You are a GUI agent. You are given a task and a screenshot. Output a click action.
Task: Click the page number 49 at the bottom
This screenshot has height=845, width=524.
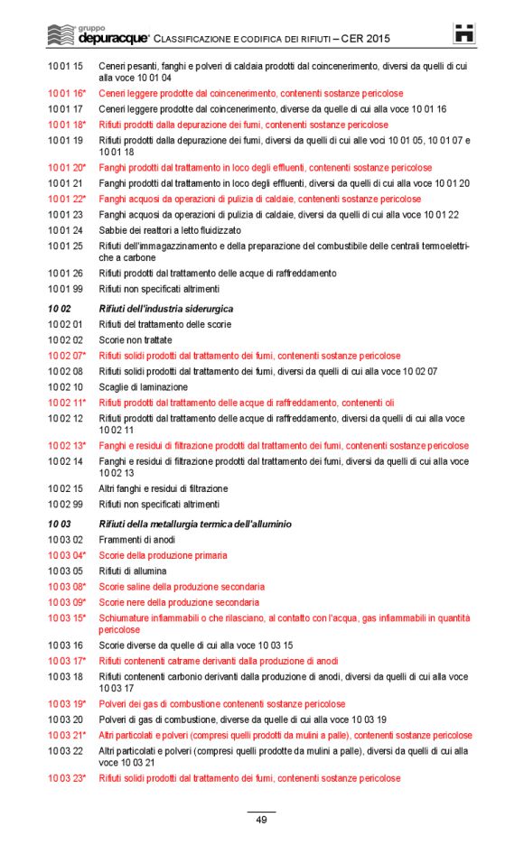tap(261, 820)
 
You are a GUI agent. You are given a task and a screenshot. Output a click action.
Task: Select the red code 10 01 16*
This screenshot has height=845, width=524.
tap(67, 94)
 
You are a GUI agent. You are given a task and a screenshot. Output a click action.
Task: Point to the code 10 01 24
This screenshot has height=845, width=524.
tap(65, 230)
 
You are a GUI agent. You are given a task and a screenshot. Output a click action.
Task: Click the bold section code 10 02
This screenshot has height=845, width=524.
tap(60, 310)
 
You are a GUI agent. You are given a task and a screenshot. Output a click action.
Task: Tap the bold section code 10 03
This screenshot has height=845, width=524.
tap(60, 525)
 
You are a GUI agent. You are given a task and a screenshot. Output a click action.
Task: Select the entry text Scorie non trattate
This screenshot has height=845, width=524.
tap(135, 340)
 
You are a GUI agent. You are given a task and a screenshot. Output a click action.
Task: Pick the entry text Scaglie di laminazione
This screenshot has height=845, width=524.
tap(141, 387)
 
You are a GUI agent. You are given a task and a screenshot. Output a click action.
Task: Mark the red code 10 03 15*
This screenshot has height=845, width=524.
tap(67, 618)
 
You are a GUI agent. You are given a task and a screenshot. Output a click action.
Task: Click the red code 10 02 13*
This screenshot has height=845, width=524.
tap(67, 446)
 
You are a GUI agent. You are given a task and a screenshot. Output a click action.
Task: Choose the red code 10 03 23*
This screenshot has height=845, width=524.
tap(67, 778)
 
